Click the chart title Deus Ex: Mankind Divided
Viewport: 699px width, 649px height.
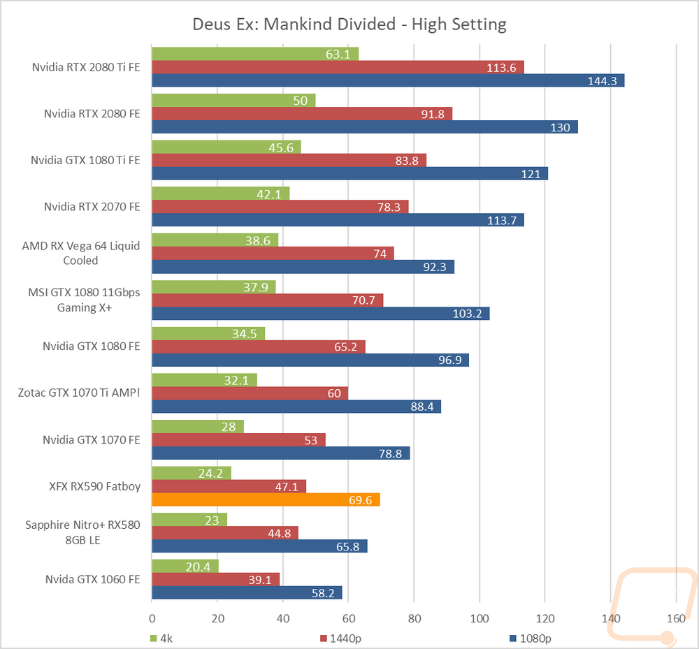294,24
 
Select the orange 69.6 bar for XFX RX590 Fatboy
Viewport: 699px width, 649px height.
266,499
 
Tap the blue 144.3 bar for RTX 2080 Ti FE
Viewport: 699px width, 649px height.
388,80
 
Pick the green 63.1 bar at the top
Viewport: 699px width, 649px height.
255,54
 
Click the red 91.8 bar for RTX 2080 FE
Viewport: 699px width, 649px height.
302,114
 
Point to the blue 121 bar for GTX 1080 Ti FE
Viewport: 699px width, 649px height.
350,174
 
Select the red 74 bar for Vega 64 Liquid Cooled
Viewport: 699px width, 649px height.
273,254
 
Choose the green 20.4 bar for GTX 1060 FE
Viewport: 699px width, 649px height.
185,566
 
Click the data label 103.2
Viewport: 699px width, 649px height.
467,314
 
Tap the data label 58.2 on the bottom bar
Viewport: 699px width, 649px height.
323,593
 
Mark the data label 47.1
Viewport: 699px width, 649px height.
286,487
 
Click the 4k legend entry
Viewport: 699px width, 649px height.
161,639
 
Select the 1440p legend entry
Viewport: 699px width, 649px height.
340,639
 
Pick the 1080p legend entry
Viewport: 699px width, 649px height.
530,639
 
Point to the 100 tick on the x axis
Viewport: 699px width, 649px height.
480,618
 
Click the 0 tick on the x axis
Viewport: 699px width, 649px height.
152,618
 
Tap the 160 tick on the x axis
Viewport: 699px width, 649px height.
676,618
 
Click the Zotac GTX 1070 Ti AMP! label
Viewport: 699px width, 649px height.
79,393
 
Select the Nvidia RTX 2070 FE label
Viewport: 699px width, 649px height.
92,207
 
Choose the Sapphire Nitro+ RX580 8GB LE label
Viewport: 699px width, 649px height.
82,532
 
